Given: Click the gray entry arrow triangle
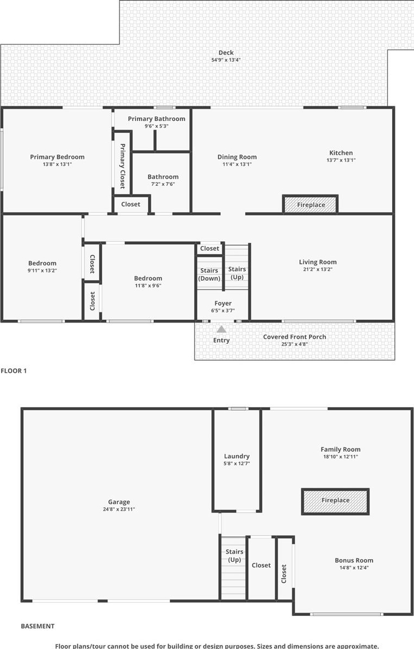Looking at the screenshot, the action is [x=221, y=329].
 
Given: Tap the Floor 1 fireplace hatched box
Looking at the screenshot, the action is [x=310, y=204].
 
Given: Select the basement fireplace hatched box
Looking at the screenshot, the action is [x=335, y=501].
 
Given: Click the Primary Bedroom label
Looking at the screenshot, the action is [x=57, y=157].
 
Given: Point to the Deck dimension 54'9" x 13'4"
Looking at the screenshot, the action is [x=226, y=60].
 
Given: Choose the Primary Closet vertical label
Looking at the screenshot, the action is [x=123, y=166].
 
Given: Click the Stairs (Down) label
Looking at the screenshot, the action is [x=209, y=275].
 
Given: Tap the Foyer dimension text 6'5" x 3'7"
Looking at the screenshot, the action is [x=223, y=311].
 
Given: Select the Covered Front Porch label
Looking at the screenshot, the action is [x=295, y=337].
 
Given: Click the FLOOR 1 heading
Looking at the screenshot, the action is [x=14, y=371].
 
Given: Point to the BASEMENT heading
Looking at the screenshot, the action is [x=38, y=626].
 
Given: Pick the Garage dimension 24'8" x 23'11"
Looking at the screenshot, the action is [x=119, y=509].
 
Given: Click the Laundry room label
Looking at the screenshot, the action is [x=237, y=456].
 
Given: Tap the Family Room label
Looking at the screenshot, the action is [x=341, y=450].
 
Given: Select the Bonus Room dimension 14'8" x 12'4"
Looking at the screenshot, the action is [x=354, y=568].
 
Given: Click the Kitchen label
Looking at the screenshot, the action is [x=341, y=153].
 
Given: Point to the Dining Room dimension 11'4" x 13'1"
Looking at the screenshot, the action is [x=237, y=165].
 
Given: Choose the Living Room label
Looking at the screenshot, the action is [x=318, y=262].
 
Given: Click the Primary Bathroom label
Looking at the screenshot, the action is [x=157, y=119].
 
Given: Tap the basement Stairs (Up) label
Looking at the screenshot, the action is [x=234, y=556].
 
